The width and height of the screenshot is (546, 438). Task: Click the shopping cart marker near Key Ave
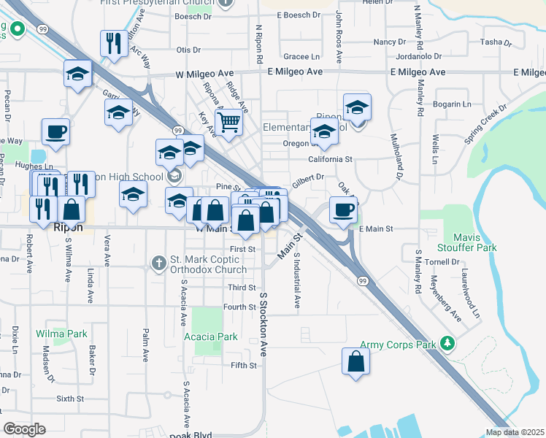point(228,122)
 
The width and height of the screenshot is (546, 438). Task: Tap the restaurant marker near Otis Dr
point(112,43)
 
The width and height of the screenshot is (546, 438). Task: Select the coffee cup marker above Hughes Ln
point(55,132)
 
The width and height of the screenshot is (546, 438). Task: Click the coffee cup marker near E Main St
point(343,210)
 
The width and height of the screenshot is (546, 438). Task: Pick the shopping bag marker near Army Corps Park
point(355,361)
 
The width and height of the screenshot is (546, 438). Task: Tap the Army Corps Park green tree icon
point(447,344)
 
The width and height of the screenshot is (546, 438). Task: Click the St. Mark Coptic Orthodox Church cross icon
point(158,262)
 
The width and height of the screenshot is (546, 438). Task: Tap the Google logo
point(24,429)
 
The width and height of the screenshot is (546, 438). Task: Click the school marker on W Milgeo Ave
point(77,73)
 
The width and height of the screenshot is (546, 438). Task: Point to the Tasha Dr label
point(496,42)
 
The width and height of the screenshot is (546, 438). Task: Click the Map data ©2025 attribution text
point(515,432)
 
